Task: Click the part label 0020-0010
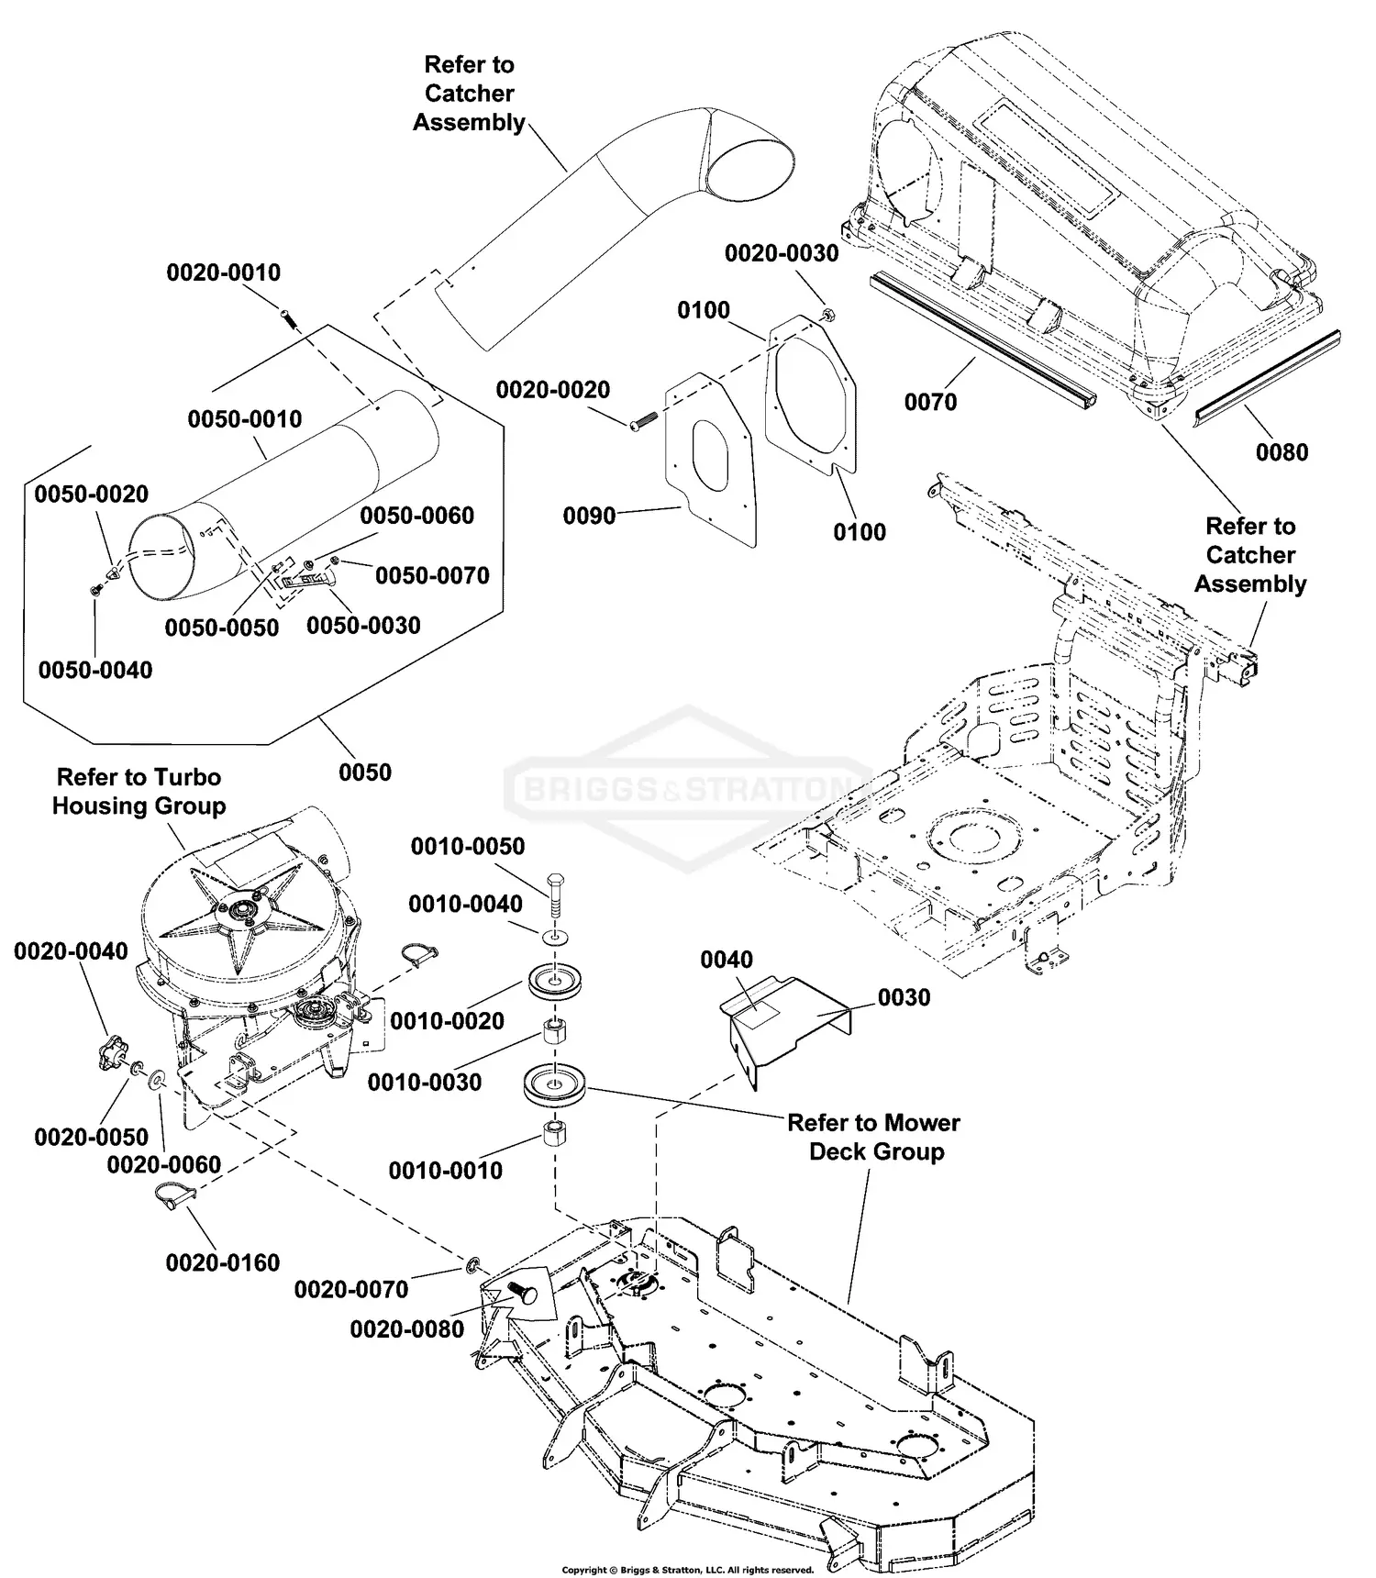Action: [223, 272]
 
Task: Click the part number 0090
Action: [589, 517]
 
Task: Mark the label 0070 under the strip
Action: [930, 402]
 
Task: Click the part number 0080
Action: [1282, 452]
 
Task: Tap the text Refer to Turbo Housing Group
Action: [139, 792]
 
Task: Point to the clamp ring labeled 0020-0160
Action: [172, 1194]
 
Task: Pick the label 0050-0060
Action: [416, 516]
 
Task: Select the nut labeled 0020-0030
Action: [828, 316]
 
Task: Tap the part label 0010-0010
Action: [445, 1171]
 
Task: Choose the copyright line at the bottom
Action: [687, 1570]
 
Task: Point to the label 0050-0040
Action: [95, 670]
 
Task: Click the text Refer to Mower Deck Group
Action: [874, 1137]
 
